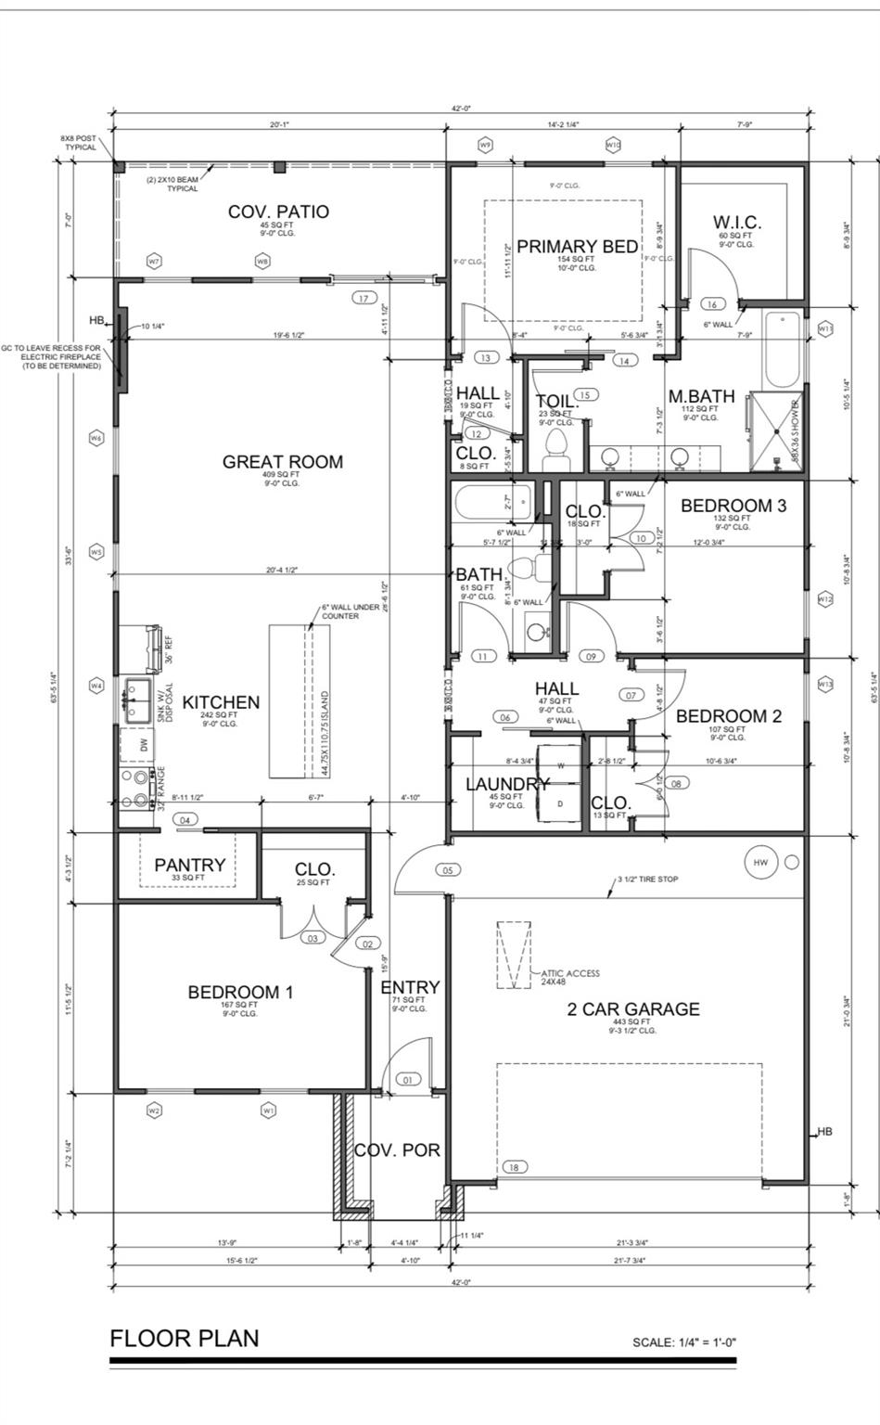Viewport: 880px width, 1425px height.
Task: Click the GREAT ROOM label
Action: pos(282,462)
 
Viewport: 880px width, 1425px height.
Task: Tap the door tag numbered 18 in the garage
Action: pos(513,1167)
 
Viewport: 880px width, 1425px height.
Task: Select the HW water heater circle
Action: pos(760,863)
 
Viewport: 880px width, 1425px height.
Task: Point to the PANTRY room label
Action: pos(189,865)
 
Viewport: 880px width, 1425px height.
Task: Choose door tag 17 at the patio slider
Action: pos(363,298)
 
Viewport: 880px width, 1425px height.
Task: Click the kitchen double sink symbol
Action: pos(140,700)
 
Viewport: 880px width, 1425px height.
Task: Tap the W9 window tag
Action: pos(485,145)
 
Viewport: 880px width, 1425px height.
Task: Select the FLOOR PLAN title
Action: pos(185,1338)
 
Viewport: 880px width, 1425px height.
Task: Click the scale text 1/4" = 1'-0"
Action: pos(684,1342)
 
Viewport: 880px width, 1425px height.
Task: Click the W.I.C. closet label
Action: pos(737,223)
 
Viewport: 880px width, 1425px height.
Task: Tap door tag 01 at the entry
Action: pos(408,1080)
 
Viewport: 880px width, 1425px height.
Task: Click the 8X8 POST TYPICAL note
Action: pos(79,143)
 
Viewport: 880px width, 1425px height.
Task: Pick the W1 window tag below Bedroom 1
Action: pos(268,1110)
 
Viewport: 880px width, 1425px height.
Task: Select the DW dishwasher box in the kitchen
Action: pos(143,745)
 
